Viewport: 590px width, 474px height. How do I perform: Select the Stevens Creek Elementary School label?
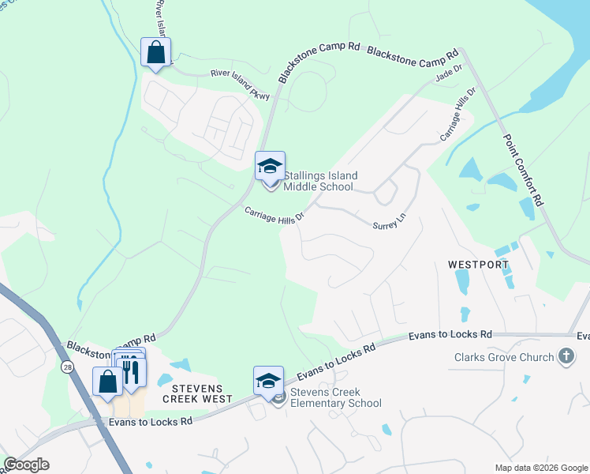(335, 397)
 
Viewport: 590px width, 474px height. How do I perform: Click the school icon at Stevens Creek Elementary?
(268, 381)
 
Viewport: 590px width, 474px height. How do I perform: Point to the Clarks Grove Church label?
(503, 357)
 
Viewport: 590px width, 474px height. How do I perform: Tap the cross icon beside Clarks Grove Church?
(566, 357)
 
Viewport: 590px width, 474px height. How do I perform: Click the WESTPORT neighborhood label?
(478, 264)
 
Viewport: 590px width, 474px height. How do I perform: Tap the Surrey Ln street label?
(389, 224)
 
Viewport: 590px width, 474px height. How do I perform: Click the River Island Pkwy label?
(240, 84)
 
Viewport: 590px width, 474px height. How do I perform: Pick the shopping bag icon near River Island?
(155, 53)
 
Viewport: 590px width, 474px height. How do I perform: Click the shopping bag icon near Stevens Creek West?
(107, 382)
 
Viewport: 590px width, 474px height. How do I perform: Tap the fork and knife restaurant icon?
(132, 369)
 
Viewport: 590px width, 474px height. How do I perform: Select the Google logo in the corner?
(26, 465)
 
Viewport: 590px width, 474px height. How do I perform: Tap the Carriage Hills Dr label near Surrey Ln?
(274, 215)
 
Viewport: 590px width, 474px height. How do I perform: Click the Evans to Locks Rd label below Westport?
(450, 336)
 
